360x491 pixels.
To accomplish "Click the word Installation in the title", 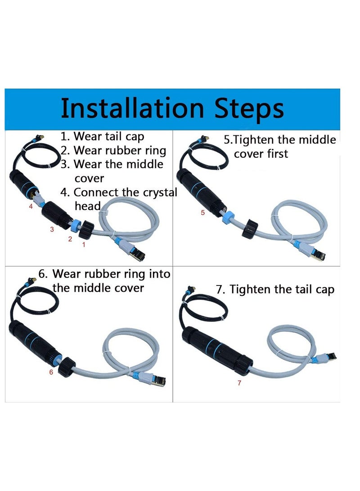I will [130, 108].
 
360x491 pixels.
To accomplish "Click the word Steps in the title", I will [245, 108].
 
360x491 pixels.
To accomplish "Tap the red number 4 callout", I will [31, 207].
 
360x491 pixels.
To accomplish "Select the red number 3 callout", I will [52, 229].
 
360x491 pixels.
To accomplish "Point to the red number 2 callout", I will [70, 239].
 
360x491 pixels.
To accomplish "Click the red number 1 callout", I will [83, 245].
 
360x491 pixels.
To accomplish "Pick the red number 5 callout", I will [202, 213].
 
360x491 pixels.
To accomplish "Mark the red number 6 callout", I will [51, 372].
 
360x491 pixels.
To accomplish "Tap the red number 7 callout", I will [239, 383].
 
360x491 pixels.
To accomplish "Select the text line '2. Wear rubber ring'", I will [113, 150].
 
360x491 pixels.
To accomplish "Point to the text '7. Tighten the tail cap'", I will [275, 290].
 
